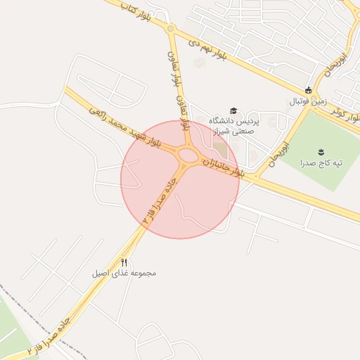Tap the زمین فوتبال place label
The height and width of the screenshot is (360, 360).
pos(308,102)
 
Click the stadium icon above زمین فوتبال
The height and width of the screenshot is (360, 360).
pos(308,89)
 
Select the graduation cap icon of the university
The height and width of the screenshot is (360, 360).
pos(233,110)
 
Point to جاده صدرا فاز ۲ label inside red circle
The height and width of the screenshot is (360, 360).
pos(159,200)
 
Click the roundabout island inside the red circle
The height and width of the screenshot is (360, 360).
pos(188,155)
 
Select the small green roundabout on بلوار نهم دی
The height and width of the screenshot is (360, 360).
pos(170,29)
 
